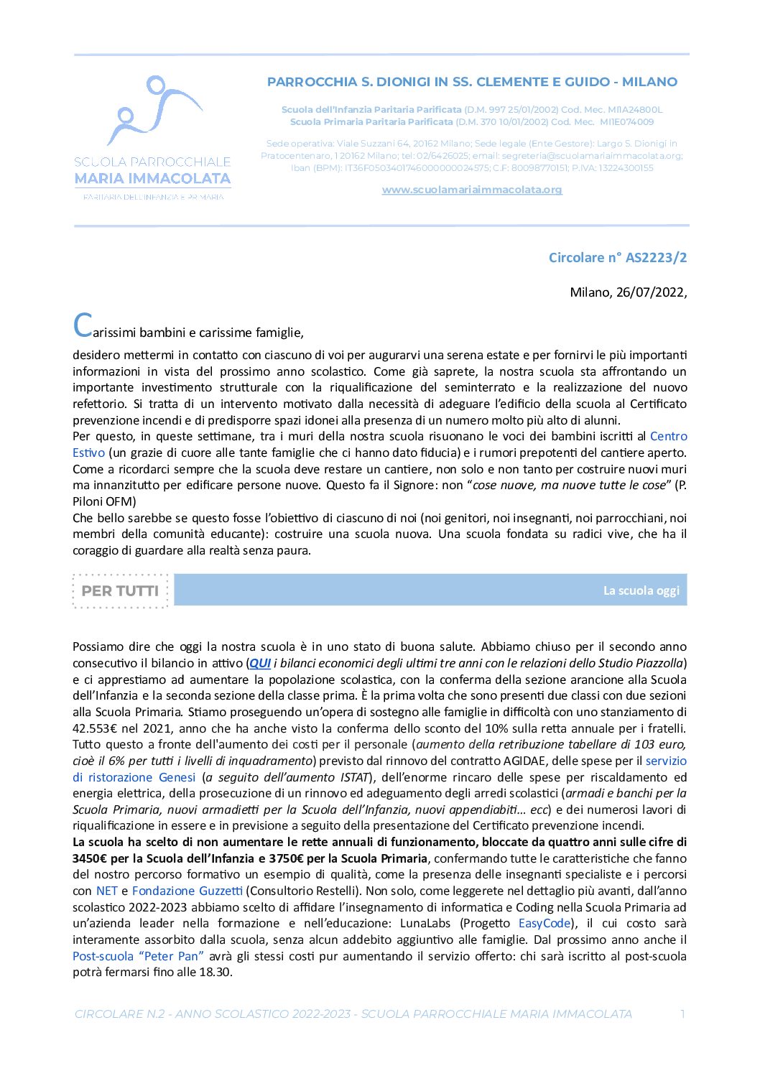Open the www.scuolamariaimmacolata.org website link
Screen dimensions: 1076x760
pyautogui.click(x=471, y=190)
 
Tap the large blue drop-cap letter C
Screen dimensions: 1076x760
pyautogui.click(x=83, y=325)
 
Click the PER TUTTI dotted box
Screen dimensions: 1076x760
pyautogui.click(x=120, y=591)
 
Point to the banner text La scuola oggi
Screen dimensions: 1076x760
pyautogui.click(x=641, y=590)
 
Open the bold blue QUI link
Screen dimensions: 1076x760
pyautogui.click(x=259, y=663)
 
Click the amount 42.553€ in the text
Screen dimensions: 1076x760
pyautogui.click(x=96, y=728)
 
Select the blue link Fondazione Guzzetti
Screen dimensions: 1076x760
pyautogui.click(x=187, y=891)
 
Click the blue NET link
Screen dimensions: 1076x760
pyautogui.click(x=106, y=891)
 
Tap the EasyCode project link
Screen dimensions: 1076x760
pyautogui.click(x=544, y=923)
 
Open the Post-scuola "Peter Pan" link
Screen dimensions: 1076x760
pyautogui.click(x=138, y=956)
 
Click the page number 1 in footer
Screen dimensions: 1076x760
pyautogui.click(x=682, y=1014)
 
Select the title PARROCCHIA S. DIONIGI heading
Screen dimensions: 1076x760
pyautogui.click(x=472, y=82)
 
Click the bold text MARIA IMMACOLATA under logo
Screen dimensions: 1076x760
pyautogui.click(x=152, y=179)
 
